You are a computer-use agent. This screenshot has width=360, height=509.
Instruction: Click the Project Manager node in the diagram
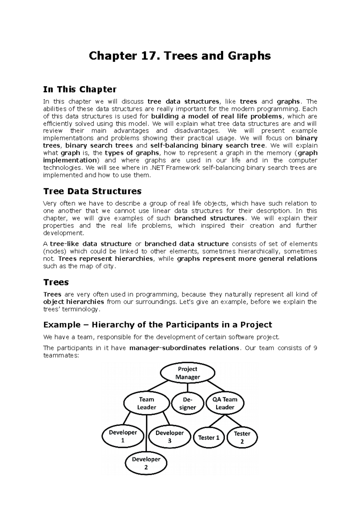tap(187, 373)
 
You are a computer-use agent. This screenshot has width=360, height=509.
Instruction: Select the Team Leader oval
tap(146, 403)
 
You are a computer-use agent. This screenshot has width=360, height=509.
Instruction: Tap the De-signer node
tap(187, 403)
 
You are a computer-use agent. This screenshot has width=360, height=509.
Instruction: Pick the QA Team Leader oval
tap(225, 403)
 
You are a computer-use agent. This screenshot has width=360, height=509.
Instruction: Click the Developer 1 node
tap(123, 436)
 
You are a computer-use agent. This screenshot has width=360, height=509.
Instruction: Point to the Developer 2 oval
tap(146, 463)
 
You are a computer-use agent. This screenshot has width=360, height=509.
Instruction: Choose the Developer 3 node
tap(169, 437)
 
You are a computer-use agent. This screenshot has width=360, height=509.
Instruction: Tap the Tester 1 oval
tap(209, 438)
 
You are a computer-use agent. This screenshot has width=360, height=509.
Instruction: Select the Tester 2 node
tap(242, 437)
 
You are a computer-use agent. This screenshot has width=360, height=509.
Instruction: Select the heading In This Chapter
tap(79, 89)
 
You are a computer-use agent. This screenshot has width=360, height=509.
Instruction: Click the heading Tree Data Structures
tap(92, 191)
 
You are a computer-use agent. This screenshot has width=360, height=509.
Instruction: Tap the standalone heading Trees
tap(56, 282)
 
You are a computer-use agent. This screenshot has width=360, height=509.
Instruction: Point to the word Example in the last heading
tap(62, 325)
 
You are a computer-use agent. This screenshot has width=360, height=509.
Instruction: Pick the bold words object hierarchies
tap(74, 302)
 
